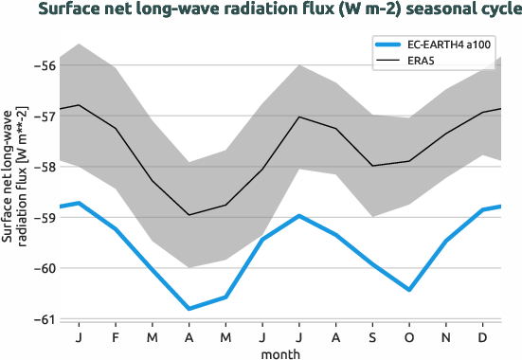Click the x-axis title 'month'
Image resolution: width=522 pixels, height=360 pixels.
282,353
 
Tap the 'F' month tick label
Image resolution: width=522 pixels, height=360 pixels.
116,337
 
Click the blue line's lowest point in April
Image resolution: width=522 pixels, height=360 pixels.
189,309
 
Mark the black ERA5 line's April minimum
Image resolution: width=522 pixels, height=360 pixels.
189,215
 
